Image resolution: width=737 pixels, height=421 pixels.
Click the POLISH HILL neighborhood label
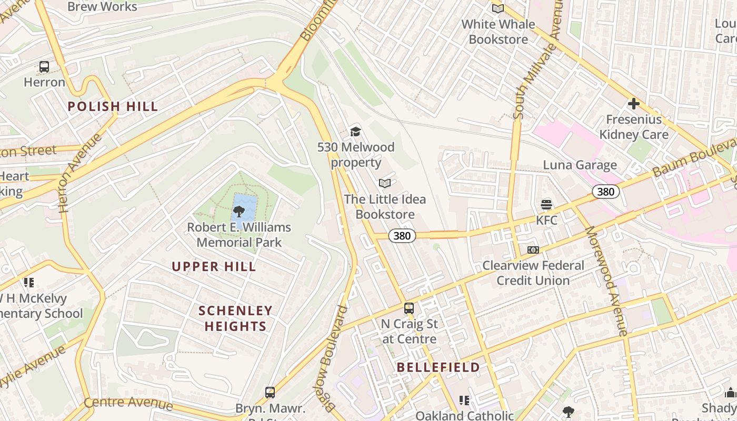pos(113,106)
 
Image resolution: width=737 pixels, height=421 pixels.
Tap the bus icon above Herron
pos(44,67)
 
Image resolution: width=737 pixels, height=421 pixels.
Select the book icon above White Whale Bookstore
pos(497,8)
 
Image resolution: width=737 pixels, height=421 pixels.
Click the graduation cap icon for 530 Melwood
pos(355,132)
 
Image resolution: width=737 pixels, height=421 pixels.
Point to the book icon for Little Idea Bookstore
pos(385,183)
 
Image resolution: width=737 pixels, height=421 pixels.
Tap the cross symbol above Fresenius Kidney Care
pos(633,104)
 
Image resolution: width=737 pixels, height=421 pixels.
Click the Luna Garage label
pos(580,165)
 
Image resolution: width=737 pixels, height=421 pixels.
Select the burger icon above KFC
pos(546,204)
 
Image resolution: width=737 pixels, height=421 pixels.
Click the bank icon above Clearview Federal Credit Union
pos(533,250)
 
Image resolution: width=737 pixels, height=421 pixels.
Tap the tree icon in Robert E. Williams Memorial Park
pos(239,212)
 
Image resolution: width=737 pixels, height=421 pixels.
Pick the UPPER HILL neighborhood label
pos(214,266)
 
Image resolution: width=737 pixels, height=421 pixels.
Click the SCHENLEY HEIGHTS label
pos(235,318)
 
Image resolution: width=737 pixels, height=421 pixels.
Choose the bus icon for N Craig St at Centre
pos(409,308)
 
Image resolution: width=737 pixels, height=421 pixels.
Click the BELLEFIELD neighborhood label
pos(438,367)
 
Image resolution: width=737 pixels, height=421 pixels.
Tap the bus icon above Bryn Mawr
pos(270,392)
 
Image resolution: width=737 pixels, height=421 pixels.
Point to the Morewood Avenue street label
pos(606,281)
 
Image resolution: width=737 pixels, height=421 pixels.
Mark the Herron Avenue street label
pos(80,173)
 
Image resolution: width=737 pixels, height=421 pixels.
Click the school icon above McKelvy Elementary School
pos(29,283)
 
